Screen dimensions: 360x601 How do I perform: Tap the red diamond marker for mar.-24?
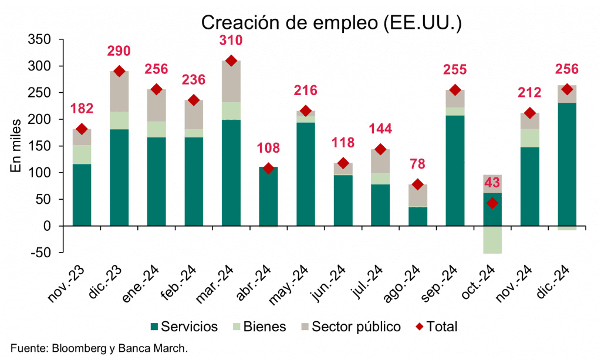[231, 60]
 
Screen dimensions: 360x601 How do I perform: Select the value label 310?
[231, 41]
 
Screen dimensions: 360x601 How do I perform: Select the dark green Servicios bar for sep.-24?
[455, 170]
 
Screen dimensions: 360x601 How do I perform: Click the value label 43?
[492, 183]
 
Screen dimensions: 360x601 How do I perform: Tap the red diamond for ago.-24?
[418, 184]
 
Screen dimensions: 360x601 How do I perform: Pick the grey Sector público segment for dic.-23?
[119, 92]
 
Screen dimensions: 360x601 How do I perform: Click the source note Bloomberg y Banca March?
[99, 348]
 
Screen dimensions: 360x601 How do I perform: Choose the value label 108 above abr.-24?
[268, 148]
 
